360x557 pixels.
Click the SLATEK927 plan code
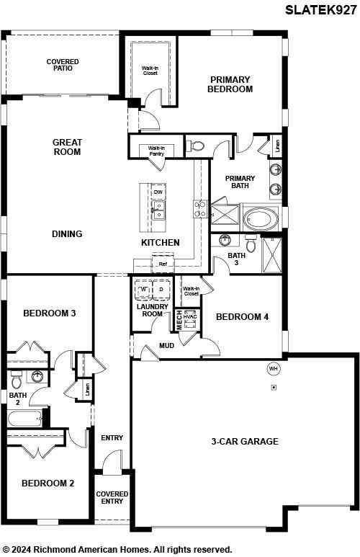(x=320, y=10)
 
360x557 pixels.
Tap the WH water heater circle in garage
(x=273, y=369)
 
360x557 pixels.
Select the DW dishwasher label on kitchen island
(x=158, y=192)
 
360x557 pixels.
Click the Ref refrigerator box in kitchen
(x=163, y=264)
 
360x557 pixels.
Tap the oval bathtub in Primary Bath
(x=261, y=219)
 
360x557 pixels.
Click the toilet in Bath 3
(x=251, y=243)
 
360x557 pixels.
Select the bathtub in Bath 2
(x=24, y=419)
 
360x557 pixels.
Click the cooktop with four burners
(x=200, y=209)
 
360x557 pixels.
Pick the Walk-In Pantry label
(x=156, y=151)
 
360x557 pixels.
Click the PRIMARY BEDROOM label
(x=230, y=84)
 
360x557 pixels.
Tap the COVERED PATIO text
(x=63, y=65)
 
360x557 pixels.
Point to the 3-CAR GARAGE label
(x=245, y=442)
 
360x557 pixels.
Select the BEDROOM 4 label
(x=243, y=317)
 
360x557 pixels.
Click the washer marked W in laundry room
(x=144, y=290)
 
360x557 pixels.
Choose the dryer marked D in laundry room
(x=161, y=290)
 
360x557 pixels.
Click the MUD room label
(x=166, y=346)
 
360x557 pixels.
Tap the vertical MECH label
(x=179, y=320)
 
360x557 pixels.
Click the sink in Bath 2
(x=37, y=377)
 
